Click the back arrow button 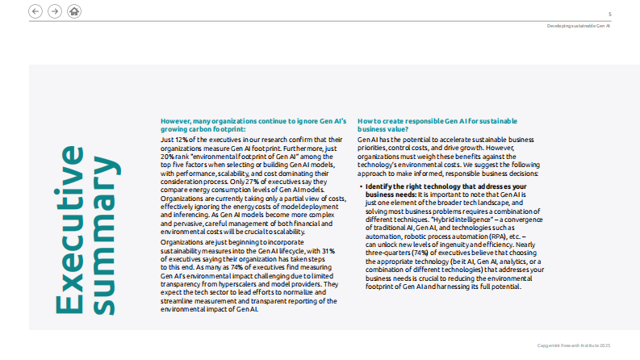[35, 11]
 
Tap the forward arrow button [54, 11]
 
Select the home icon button [74, 11]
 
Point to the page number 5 [609, 14]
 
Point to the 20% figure [168, 155]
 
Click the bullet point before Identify [360, 186]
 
